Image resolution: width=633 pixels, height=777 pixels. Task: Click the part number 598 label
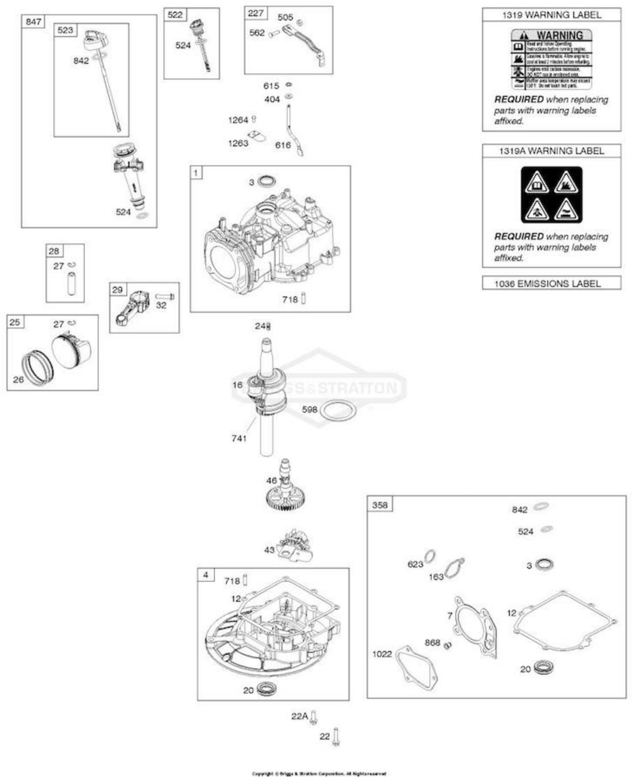click(309, 410)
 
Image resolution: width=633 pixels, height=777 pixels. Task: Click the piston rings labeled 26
click(37, 368)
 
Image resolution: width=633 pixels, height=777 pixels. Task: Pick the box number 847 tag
click(33, 22)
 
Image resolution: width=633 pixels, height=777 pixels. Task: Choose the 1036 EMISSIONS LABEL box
click(551, 283)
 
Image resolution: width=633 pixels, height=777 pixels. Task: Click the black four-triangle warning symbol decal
click(551, 195)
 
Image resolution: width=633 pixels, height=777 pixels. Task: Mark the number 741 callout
click(239, 438)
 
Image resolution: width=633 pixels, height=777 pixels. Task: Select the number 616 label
click(283, 145)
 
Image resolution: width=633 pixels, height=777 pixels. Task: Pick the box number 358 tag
click(380, 505)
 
